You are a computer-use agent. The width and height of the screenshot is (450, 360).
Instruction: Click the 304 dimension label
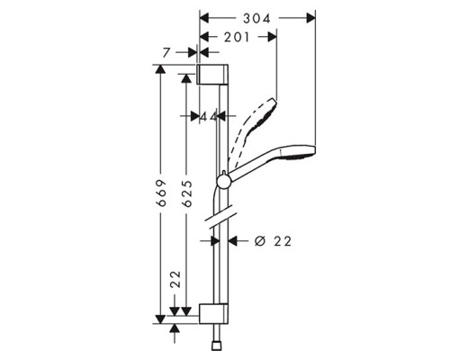pos(256,19)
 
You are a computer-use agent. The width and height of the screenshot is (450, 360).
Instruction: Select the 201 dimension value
pos(237,37)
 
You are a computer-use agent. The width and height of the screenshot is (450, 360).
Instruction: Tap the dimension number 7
pos(167,53)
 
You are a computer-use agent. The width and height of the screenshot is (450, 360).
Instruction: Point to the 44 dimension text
pos(208,116)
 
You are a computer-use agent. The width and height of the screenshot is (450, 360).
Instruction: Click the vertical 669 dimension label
pos(162,193)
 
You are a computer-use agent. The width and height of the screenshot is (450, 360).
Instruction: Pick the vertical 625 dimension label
pos(187,193)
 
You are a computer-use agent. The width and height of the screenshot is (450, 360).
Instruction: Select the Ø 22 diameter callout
pos(273,241)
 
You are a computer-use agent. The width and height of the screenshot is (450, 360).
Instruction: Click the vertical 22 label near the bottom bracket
pos(175,279)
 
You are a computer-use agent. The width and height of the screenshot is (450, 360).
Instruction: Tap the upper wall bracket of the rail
pos(213,75)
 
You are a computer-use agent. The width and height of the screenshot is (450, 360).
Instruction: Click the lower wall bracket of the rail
pos(213,314)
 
